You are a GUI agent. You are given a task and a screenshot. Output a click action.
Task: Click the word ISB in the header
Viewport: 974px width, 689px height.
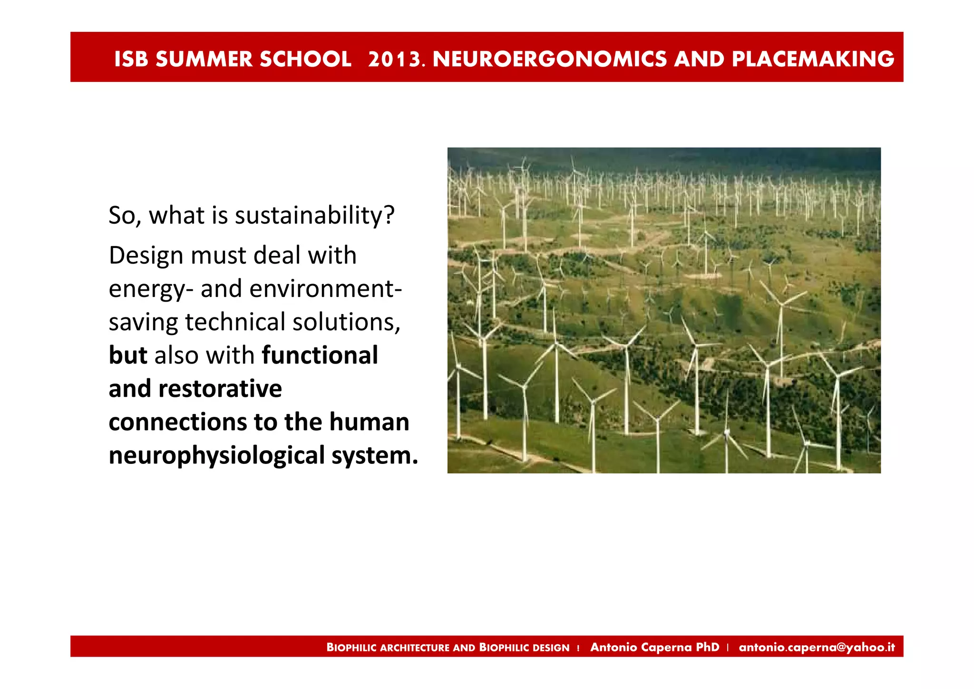click(x=131, y=59)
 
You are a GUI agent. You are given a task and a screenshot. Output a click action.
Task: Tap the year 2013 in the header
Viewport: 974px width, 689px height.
click(x=394, y=59)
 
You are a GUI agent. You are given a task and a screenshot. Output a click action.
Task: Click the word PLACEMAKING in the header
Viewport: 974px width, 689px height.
click(x=813, y=59)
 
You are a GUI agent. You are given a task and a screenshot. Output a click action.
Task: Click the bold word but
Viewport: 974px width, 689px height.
click(x=128, y=355)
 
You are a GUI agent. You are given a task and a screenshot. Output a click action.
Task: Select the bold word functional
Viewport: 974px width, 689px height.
click(x=320, y=355)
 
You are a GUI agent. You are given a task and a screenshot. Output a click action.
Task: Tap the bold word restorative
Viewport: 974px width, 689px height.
click(x=220, y=389)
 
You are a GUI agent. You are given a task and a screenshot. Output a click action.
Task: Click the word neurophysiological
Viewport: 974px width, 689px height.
click(x=216, y=455)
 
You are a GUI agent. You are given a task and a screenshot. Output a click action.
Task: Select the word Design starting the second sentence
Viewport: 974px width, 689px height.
click(x=146, y=256)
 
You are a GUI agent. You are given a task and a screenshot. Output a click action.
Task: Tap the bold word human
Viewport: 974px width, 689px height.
click(x=369, y=422)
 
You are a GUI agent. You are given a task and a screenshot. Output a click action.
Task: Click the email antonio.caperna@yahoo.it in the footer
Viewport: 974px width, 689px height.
click(x=817, y=647)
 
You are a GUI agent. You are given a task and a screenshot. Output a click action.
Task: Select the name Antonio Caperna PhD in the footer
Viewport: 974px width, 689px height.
click(x=655, y=647)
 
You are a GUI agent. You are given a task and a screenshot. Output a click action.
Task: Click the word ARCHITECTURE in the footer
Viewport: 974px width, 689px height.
click(x=415, y=648)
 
